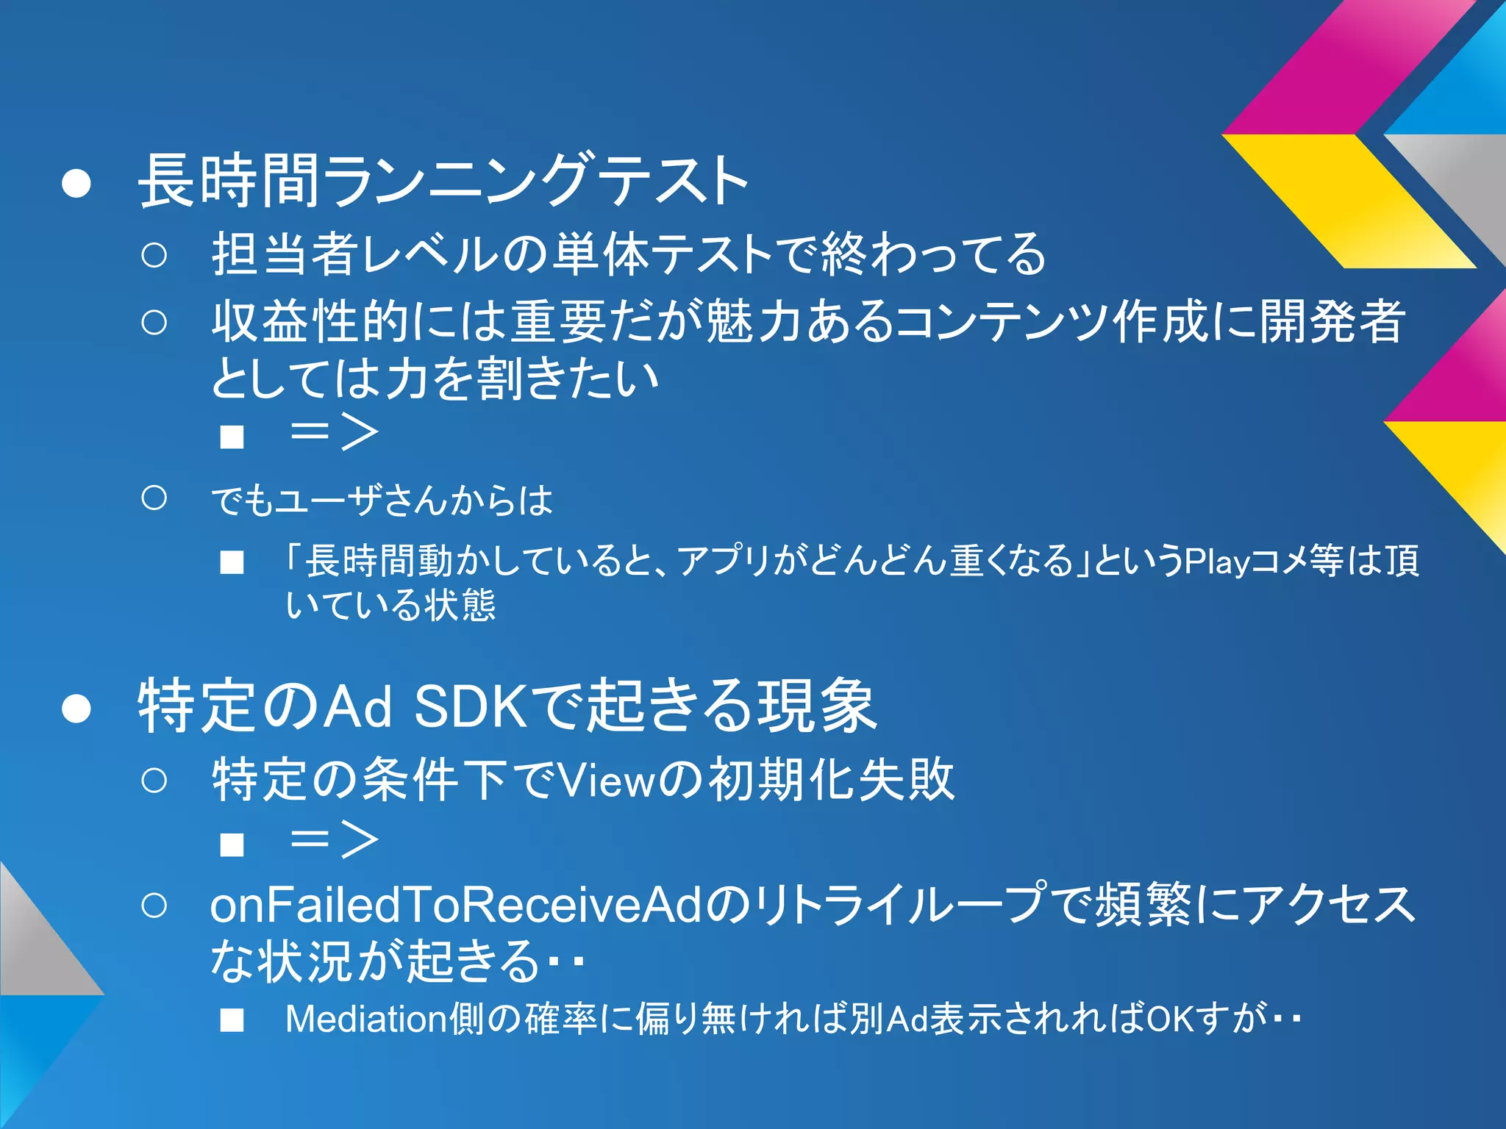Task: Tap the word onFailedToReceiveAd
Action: [456, 906]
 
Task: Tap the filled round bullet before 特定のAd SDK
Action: [76, 708]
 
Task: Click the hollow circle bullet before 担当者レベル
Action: [154, 255]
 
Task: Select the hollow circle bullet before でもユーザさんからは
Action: [154, 498]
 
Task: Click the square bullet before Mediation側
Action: [232, 1020]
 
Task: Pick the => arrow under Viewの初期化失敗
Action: [335, 840]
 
